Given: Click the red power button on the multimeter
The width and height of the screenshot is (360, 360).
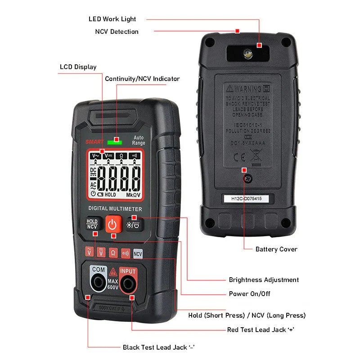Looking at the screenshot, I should click(x=113, y=224).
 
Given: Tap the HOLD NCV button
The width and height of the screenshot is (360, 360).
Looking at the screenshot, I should click(x=92, y=224).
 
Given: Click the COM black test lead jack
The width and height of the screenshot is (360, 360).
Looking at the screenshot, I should click(x=99, y=283).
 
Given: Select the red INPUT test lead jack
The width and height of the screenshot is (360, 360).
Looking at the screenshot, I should click(x=128, y=284).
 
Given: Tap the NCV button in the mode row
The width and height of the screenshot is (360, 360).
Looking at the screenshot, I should click(x=138, y=253).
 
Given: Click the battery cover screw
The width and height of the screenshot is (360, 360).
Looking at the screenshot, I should click(x=247, y=179).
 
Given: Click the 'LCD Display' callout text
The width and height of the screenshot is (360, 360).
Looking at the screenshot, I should click(x=78, y=67).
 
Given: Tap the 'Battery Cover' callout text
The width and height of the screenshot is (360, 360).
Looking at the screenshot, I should click(x=276, y=249).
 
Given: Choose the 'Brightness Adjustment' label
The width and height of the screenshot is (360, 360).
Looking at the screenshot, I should click(x=264, y=280).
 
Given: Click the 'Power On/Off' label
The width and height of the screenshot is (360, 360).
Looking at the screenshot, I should click(x=250, y=294).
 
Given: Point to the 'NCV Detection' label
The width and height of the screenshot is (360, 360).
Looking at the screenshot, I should click(x=117, y=31).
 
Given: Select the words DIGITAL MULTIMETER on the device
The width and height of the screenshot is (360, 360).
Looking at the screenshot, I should click(x=115, y=209).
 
